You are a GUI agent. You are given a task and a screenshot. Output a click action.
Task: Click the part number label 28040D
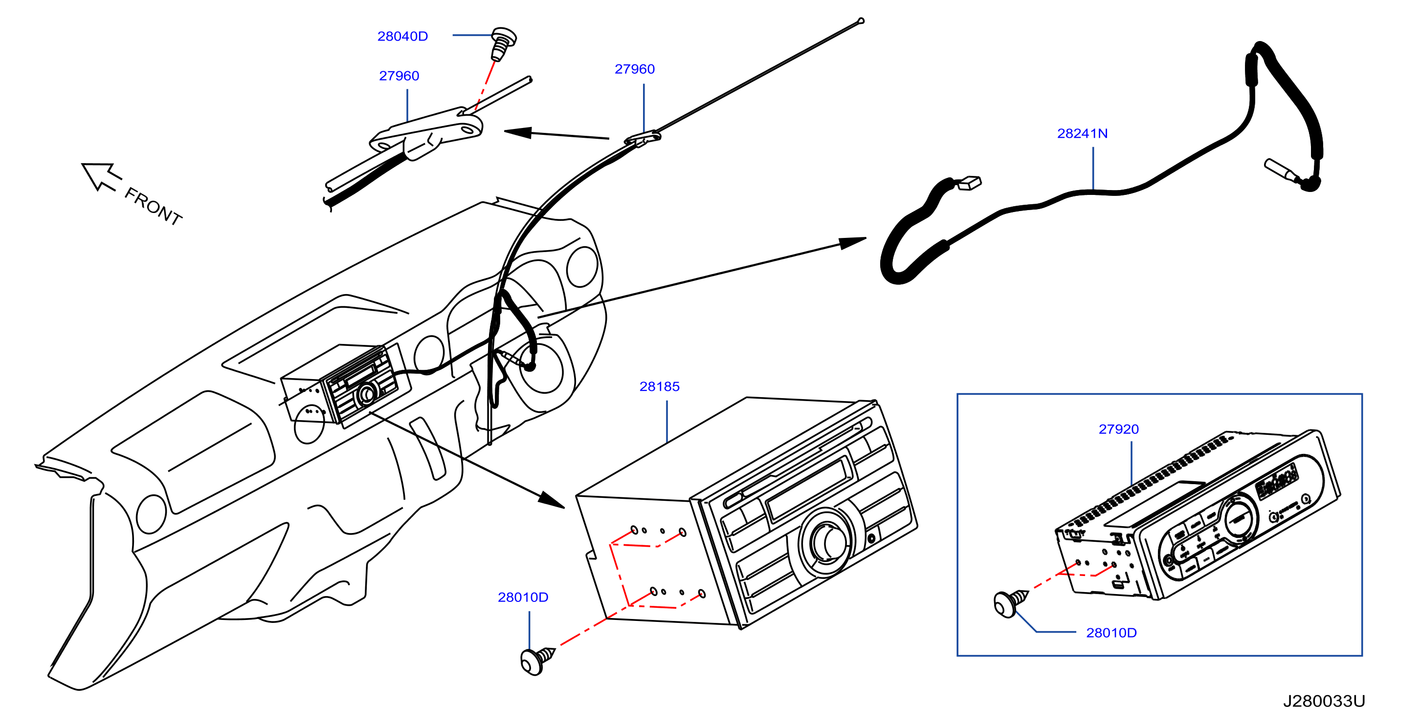[402, 36]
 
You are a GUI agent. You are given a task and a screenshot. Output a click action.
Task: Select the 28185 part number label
[659, 387]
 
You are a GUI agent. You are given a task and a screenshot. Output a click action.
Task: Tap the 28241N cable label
[1082, 133]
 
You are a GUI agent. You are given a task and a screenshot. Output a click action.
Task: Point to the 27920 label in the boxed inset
[1118, 429]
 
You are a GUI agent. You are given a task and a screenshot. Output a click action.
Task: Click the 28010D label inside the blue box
[1111, 633]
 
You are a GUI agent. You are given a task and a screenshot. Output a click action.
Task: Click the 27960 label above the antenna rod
[635, 69]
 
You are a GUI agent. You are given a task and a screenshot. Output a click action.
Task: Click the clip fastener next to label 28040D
[503, 43]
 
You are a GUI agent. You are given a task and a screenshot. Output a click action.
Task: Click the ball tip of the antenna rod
[861, 21]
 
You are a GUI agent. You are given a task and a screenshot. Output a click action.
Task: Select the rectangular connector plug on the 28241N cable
[969, 182]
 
